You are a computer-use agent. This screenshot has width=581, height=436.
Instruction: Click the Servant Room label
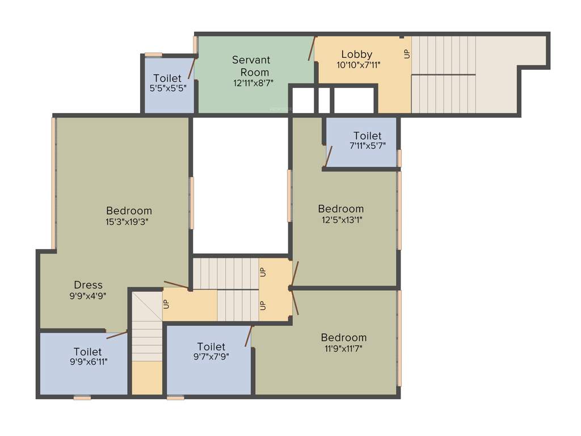251,66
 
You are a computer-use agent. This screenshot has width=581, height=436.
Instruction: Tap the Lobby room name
357,54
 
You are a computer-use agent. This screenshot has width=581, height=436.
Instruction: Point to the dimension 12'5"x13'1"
340,219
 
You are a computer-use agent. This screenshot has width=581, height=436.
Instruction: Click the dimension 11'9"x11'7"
343,348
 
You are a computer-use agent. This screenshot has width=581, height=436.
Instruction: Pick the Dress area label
89,285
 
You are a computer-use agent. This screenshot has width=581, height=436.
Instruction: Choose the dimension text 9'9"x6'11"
87,362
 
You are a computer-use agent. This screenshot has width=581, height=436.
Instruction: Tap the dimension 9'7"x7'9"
211,357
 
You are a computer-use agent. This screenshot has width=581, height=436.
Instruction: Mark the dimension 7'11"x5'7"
367,146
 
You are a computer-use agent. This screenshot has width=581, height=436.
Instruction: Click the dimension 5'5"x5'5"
167,88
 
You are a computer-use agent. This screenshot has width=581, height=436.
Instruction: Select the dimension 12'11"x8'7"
251,83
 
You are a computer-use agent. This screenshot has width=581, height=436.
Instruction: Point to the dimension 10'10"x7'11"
358,65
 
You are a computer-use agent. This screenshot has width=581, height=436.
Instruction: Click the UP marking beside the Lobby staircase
406,54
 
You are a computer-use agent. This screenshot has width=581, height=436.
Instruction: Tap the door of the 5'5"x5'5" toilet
192,68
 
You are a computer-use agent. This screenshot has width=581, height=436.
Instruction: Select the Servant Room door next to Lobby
311,49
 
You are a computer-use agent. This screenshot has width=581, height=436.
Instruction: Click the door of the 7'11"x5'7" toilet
329,157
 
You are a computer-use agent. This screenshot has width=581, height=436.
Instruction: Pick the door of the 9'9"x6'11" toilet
117,335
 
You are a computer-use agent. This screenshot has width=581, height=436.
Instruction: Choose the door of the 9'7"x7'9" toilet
248,336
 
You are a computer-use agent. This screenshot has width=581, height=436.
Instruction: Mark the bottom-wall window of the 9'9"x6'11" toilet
82,398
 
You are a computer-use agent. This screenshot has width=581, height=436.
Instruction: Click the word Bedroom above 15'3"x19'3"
129,211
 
